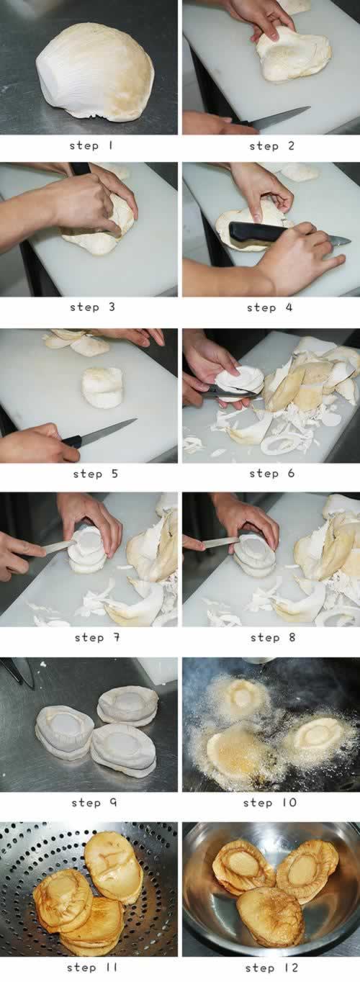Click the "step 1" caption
(x=91, y=145)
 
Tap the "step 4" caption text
(x=269, y=307)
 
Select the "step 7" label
(x=97, y=637)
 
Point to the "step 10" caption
(x=270, y=803)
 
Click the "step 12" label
(x=272, y=968)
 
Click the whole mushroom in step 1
(x=95, y=73)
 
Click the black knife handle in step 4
(x=258, y=232)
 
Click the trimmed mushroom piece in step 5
(x=103, y=387)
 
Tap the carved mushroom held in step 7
(x=88, y=550)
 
